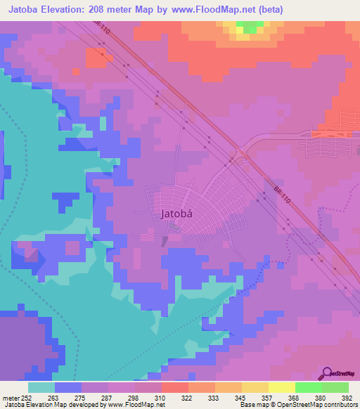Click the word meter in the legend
pyautogui.click(x=11, y=397)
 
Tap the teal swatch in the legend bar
pyautogui.click(x=41, y=387)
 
